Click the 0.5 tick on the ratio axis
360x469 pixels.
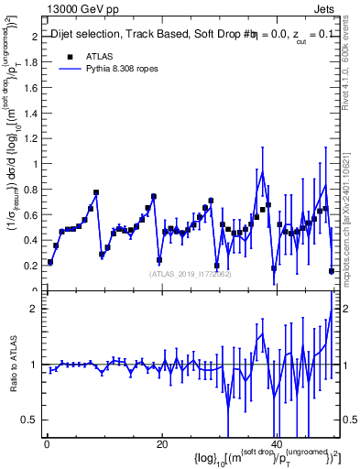[x=29, y=420]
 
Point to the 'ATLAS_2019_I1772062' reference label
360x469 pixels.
[x=190, y=273]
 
